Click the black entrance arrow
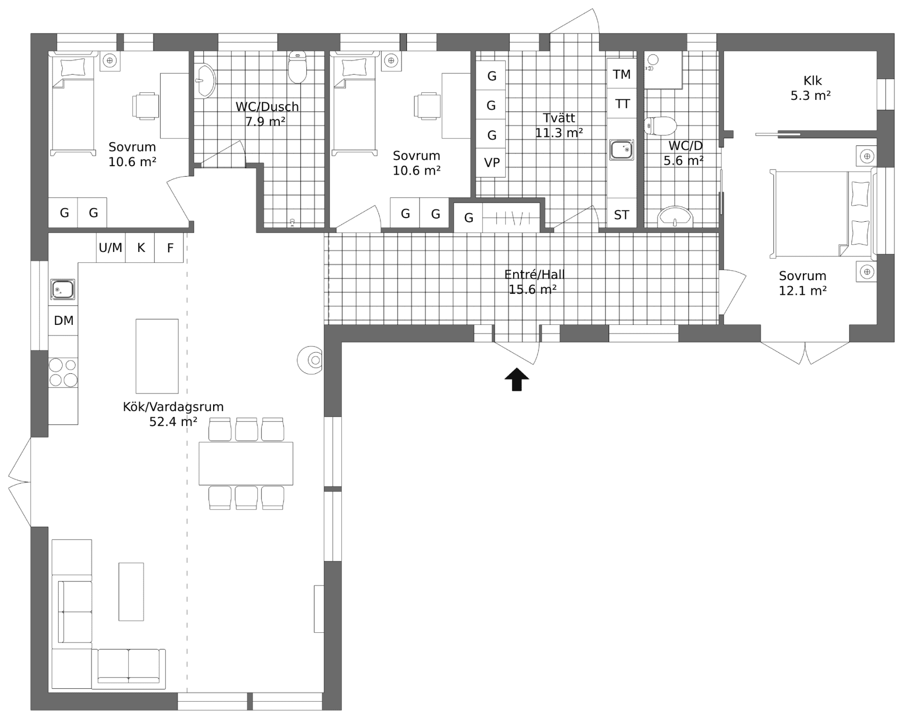click(516, 380)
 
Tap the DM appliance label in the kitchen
click(63, 321)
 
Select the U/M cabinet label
click(111, 248)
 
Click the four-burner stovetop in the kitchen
click(63, 372)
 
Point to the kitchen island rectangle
click(157, 356)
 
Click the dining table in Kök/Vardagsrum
click(246, 463)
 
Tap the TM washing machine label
click(621, 74)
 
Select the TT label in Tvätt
click(622, 104)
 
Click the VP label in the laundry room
click(491, 163)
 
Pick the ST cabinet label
click(621, 215)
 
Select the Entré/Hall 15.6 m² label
click(534, 282)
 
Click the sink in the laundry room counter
click(621, 150)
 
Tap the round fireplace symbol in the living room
click(310, 361)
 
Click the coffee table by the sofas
click(131, 591)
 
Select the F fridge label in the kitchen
click(170, 248)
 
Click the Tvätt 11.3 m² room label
click(559, 125)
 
